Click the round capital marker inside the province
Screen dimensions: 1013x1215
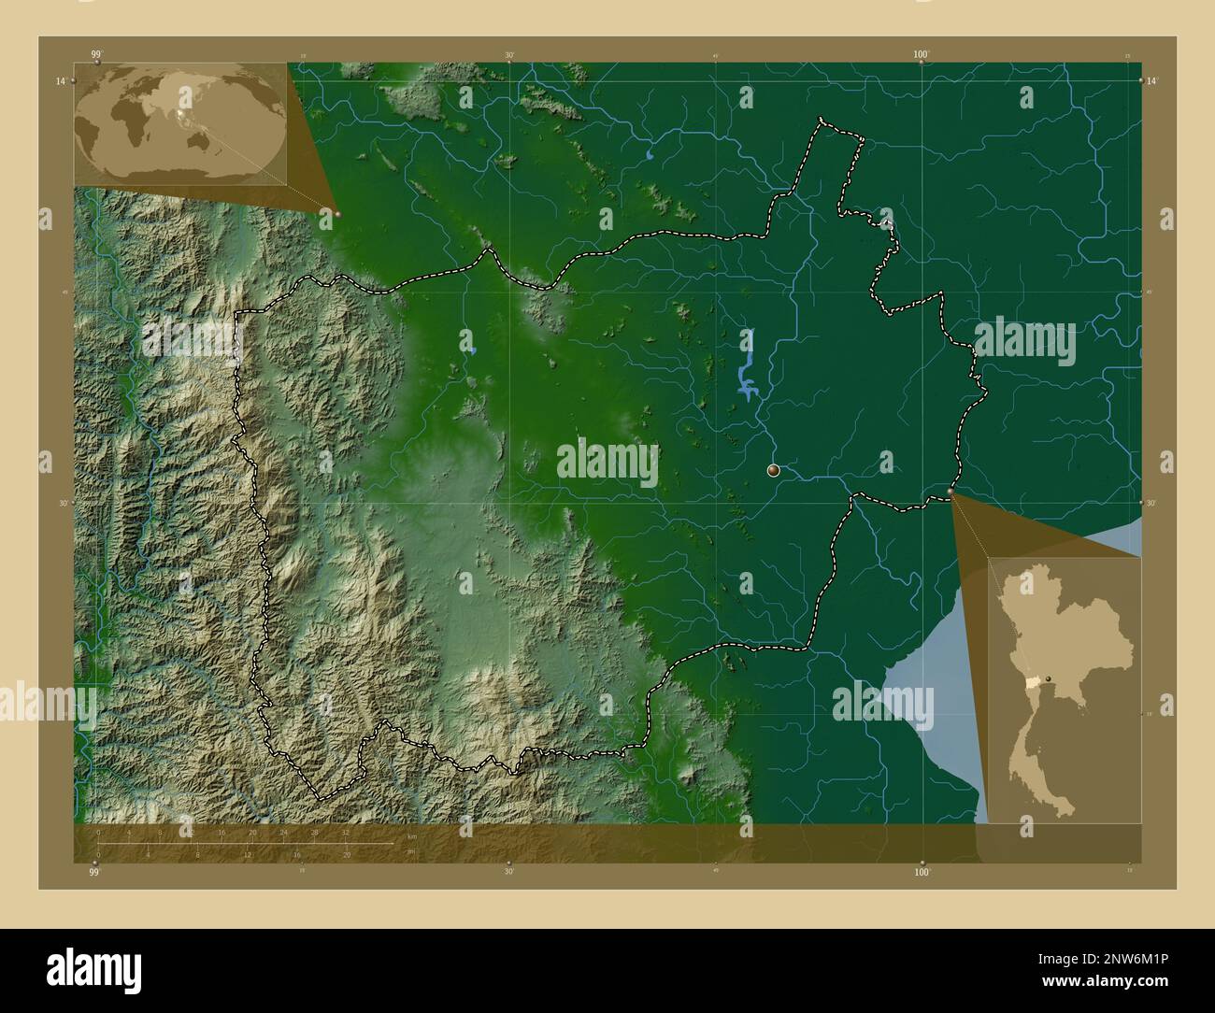[x=773, y=471]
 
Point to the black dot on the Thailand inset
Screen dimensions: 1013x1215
[x=1049, y=678]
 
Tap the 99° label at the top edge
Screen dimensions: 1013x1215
[x=96, y=54]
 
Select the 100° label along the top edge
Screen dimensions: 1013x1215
[x=922, y=54]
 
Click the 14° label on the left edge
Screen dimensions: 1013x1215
[x=60, y=82]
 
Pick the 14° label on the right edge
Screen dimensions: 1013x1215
[x=1152, y=82]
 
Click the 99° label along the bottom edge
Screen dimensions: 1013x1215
[x=93, y=872]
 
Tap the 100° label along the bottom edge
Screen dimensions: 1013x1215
[x=922, y=872]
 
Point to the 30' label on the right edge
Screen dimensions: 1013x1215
[x=1152, y=503]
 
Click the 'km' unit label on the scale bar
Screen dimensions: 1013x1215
[x=411, y=835]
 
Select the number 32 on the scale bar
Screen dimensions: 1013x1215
[x=346, y=833]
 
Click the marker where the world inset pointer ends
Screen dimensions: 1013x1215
[x=337, y=214]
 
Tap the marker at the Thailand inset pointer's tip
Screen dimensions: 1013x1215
[x=951, y=491]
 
